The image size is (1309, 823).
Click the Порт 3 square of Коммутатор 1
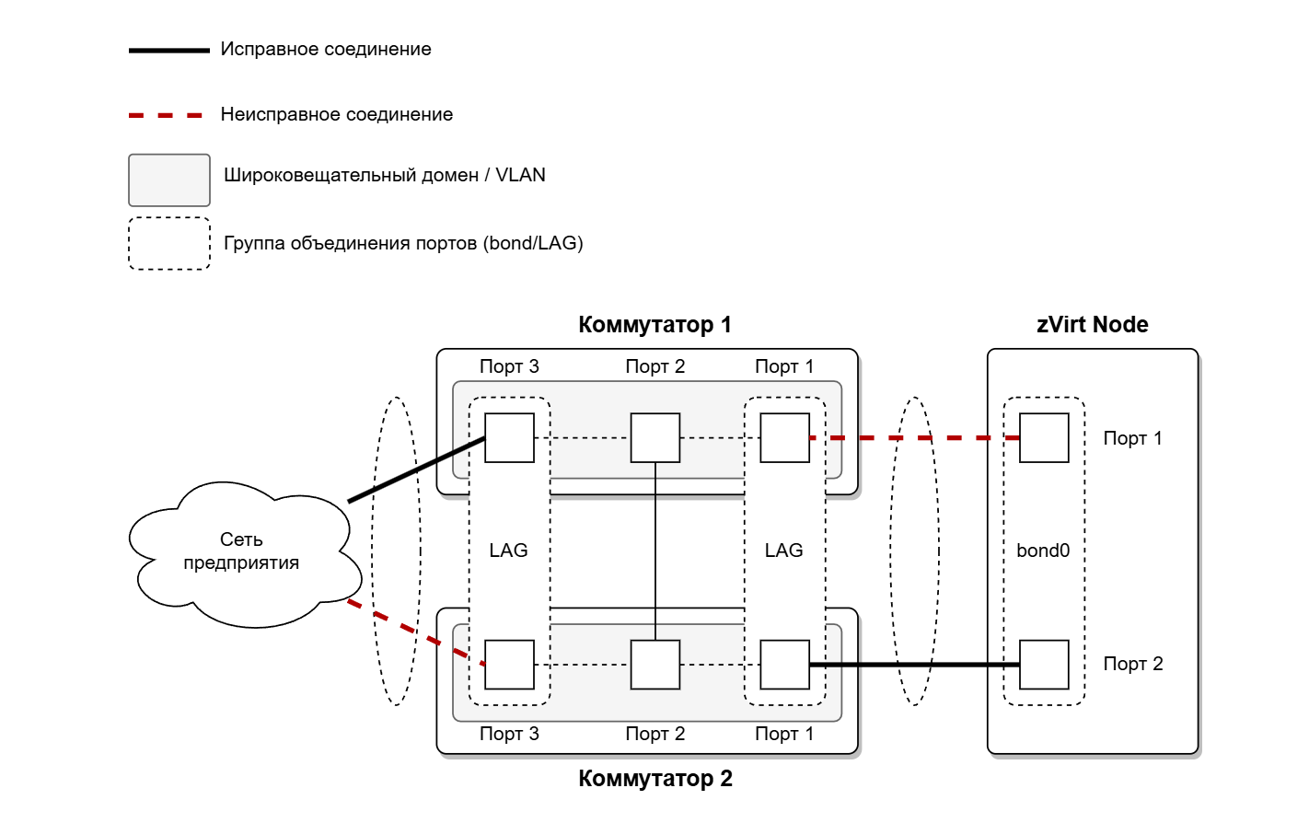[x=509, y=438]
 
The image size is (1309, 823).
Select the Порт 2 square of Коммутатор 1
[x=655, y=438]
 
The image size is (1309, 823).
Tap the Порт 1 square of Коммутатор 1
[x=785, y=438]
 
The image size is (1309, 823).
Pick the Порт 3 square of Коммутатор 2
[x=509, y=665]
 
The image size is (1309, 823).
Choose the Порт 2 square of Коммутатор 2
[x=655, y=665]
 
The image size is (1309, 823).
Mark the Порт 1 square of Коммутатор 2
[x=785, y=665]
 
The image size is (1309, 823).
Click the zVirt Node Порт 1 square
[x=1044, y=438]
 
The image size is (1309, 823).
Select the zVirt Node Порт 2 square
[x=1044, y=665]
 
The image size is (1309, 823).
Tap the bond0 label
[x=1043, y=551]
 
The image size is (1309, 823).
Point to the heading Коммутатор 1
[x=655, y=325]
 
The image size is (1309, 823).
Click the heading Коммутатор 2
[x=655, y=779]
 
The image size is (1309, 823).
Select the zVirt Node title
[x=1093, y=325]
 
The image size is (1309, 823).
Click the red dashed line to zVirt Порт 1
[x=914, y=438]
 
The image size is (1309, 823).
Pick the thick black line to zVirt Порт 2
[x=914, y=665]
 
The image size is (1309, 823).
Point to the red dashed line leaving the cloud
[x=416, y=632]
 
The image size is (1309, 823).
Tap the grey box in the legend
[x=169, y=180]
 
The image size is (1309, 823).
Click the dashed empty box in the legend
[x=169, y=243]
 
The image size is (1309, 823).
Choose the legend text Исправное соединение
[x=326, y=49]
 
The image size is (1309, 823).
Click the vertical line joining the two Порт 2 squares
[x=655, y=551]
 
